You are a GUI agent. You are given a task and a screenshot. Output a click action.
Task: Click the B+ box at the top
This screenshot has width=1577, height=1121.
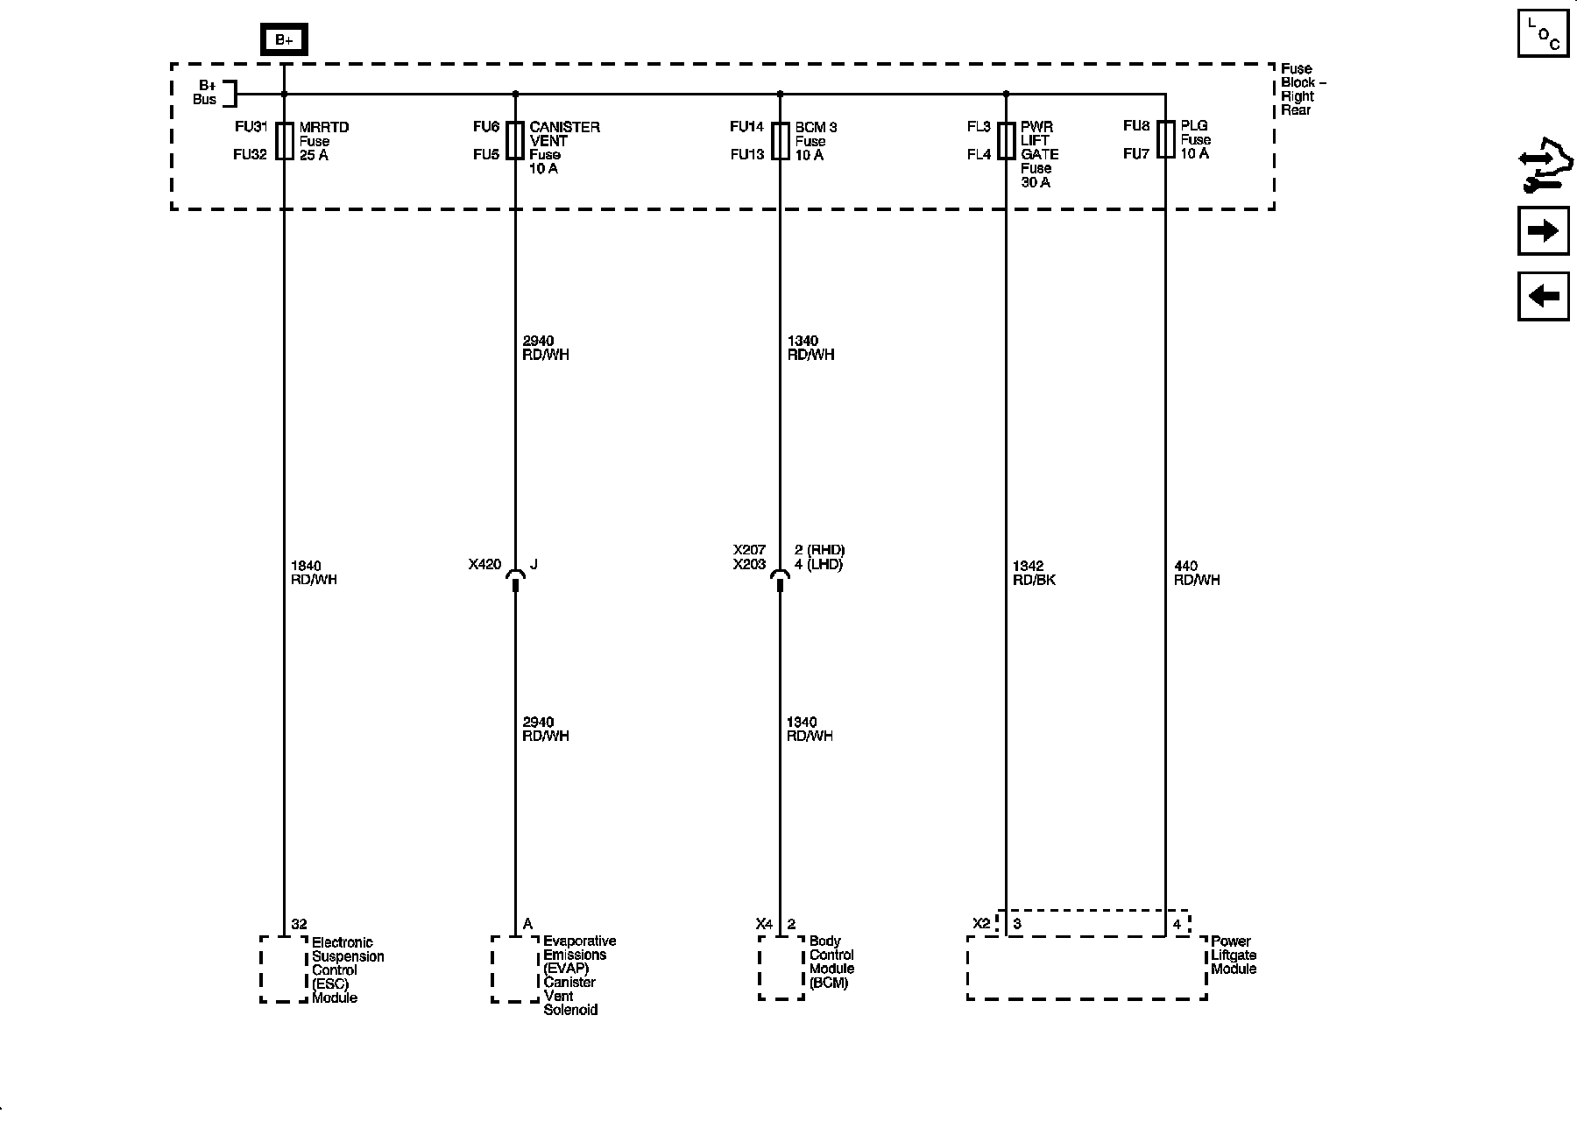point(284,40)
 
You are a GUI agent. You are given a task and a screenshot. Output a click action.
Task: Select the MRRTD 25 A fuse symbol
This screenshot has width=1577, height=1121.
point(284,141)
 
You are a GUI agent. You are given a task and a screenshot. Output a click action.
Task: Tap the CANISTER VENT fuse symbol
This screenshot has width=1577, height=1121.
point(515,141)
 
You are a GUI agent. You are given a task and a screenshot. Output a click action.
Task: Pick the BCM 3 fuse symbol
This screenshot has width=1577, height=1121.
point(780,141)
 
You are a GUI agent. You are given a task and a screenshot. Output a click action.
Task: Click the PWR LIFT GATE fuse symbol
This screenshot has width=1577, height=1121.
point(1006,141)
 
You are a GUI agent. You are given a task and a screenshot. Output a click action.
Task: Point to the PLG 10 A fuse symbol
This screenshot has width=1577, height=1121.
point(1165,139)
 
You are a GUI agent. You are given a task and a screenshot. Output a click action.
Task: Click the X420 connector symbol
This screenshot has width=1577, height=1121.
point(515,578)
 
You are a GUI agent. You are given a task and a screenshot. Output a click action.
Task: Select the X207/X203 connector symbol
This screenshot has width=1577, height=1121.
point(780,578)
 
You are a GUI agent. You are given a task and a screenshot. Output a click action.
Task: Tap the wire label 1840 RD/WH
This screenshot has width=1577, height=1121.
point(314,573)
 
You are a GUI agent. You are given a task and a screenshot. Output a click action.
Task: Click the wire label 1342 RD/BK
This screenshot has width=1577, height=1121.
point(1034,573)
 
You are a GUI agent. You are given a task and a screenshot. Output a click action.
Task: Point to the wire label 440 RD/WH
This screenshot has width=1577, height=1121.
point(1196,573)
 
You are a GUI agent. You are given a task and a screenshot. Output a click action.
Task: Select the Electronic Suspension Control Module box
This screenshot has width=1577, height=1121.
point(284,969)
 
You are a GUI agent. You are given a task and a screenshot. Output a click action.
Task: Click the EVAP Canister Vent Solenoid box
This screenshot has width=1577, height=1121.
point(515,969)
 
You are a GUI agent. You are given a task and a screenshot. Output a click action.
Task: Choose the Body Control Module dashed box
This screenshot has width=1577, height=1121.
point(781,967)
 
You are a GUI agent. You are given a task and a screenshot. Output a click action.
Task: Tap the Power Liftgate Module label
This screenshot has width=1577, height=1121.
point(1234,955)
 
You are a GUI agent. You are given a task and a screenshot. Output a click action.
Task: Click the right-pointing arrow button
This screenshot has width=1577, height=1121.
point(1543,231)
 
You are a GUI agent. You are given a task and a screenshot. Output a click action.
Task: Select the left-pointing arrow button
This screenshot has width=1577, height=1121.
point(1543,296)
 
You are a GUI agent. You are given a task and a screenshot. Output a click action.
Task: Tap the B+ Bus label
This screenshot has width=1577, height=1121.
point(206,92)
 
